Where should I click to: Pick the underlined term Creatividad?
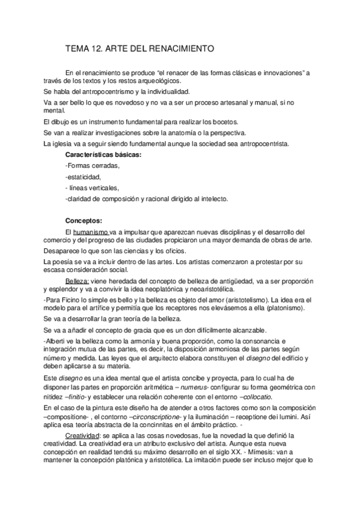coord(85,435)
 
